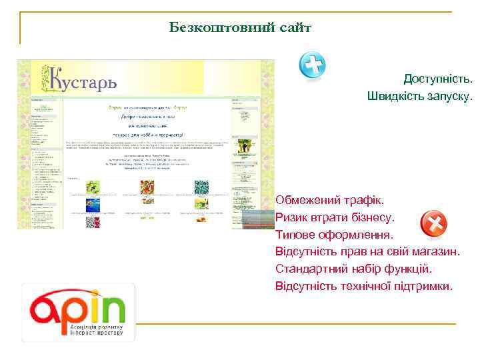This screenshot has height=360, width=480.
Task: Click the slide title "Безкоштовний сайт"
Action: (239, 28)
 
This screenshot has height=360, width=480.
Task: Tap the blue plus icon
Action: (312, 65)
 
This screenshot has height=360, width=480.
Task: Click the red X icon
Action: (433, 224)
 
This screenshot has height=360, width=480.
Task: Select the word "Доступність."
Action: (437, 79)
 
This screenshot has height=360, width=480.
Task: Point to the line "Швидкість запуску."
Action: (419, 96)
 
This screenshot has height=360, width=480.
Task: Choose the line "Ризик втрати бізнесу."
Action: (335, 217)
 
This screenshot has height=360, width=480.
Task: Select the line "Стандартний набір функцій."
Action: (353, 269)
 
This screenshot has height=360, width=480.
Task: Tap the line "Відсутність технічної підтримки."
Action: (363, 287)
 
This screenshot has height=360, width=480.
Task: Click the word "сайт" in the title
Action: (293, 28)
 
